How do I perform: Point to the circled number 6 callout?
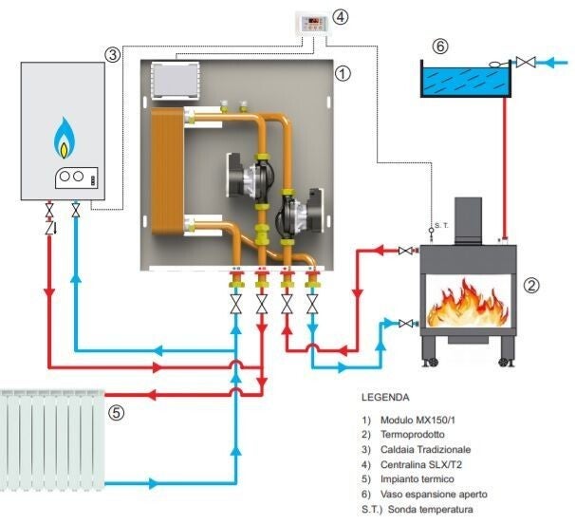pos(438,45)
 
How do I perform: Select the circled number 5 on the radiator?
pos(116,412)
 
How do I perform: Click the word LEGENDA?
pos(385,397)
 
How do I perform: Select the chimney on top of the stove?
pos(471,218)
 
